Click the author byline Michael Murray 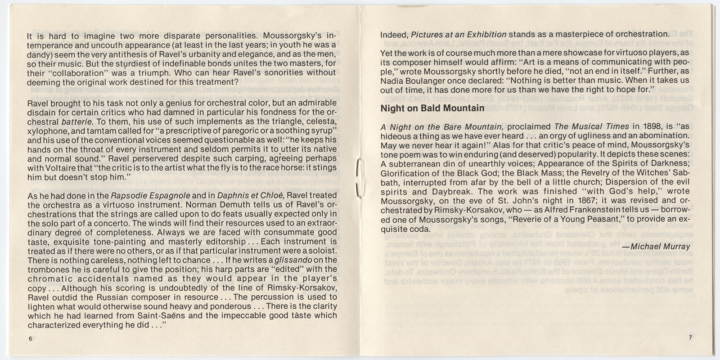click(656, 246)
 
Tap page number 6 click(31, 339)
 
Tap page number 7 click(689, 338)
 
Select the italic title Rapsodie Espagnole click(152, 195)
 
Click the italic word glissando click(293, 260)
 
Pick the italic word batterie click(77, 121)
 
